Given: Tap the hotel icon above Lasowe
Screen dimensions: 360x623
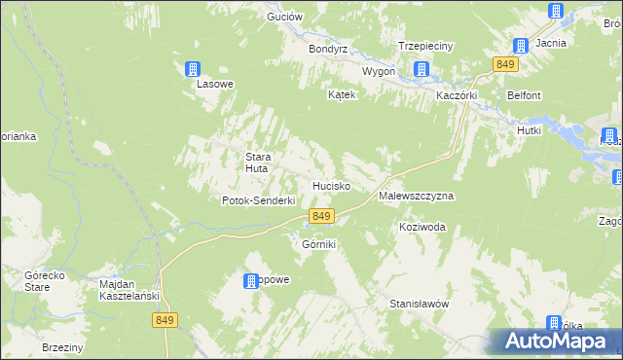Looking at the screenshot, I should tap(193, 68).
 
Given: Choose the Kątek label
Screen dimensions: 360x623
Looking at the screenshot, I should tap(344, 95).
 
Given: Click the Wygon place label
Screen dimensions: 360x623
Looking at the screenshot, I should tap(379, 72).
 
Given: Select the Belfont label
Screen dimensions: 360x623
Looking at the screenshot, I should tap(523, 95).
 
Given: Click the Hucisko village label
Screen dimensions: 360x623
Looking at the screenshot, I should tap(331, 185).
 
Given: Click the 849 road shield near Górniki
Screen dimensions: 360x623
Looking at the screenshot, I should tap(322, 216).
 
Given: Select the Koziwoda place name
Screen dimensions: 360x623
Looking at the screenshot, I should tap(422, 227).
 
